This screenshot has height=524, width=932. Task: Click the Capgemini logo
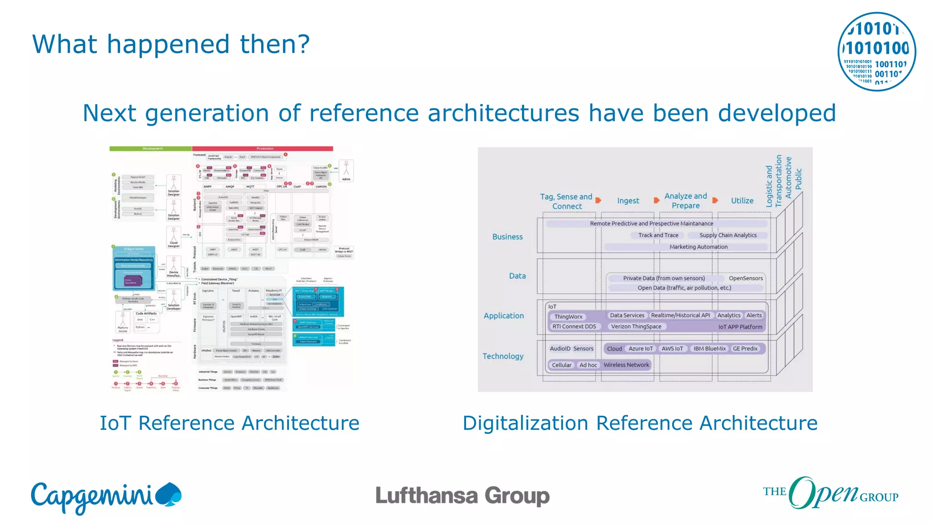106,497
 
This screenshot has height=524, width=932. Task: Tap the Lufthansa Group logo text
462,496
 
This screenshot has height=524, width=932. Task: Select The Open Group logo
831,493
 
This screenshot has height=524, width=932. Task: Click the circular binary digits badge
876,51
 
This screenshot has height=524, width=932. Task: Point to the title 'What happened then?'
171,45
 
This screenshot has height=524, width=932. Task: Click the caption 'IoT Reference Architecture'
229,423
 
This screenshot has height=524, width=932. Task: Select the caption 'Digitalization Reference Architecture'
640,423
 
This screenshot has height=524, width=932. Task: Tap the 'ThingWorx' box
568,317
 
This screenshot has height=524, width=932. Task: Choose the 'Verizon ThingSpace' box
636,327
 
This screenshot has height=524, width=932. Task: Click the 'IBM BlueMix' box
709,349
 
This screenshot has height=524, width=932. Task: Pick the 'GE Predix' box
745,349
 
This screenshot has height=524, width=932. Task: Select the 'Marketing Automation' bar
698,247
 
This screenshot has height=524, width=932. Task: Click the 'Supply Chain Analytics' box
728,235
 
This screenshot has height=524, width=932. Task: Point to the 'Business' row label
507,237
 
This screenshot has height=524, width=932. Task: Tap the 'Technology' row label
503,356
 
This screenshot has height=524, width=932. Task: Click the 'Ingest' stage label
628,201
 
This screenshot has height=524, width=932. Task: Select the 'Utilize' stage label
742,201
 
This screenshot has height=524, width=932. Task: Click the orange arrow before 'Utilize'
715,201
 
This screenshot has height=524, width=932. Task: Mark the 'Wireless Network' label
626,365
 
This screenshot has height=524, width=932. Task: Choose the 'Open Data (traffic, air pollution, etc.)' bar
684,288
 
